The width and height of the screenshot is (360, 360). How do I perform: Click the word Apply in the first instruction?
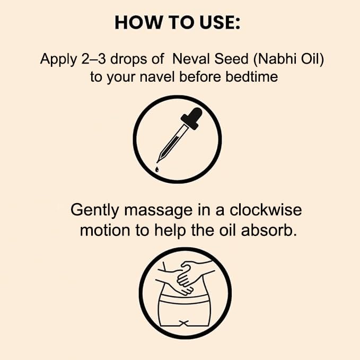coord(58,59)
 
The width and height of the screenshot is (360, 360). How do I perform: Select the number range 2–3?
coord(93,59)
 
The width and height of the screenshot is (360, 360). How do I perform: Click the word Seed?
coord(231,59)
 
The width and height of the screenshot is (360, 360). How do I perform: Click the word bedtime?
coord(252,77)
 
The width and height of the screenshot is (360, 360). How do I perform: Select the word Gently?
coord(94,210)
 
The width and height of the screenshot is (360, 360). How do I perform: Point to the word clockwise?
coord(266,210)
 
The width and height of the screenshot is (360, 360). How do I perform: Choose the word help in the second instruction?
coord(170,231)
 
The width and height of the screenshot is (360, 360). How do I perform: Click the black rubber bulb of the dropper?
coord(192,118)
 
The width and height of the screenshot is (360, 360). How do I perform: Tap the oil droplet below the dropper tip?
coord(157,170)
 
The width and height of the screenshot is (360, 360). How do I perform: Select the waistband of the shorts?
coord(183,298)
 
